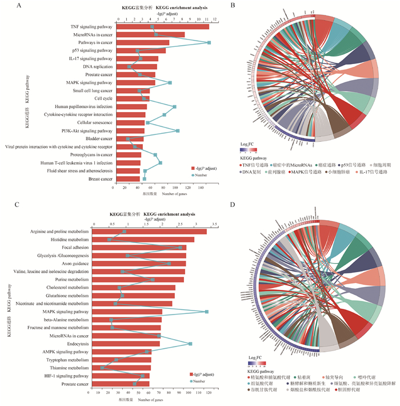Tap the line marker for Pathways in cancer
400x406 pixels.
(209, 43)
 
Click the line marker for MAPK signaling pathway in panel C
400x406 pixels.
(206, 312)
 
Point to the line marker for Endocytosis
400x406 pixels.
(190, 344)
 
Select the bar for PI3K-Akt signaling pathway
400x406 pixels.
(129, 130)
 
